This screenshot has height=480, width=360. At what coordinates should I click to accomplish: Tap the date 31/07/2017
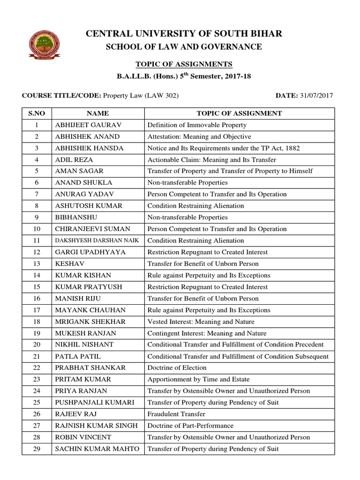[317, 96]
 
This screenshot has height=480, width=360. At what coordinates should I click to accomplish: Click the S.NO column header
[37, 113]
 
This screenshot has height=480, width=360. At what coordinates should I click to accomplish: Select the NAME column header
[97, 113]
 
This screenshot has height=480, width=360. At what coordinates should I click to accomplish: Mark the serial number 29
[37, 449]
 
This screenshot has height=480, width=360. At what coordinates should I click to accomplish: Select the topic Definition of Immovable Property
[197, 125]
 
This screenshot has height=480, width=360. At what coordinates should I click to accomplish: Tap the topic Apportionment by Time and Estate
[198, 379]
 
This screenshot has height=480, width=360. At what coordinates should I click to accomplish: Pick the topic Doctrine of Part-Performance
[190, 426]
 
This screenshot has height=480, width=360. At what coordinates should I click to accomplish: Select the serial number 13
[37, 264]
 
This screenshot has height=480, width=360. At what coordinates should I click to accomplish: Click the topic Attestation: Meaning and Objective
[199, 136]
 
